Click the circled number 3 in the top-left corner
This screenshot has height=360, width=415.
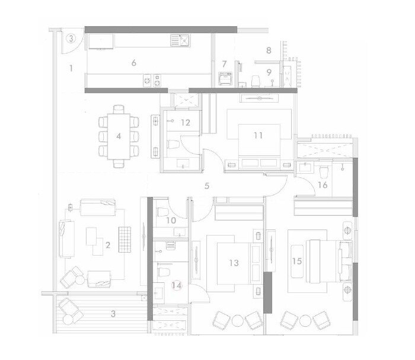click(x=71, y=39)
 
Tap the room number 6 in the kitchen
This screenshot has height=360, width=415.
click(x=134, y=62)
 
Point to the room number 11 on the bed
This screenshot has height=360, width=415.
click(x=258, y=135)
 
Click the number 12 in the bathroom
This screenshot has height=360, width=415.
click(x=186, y=123)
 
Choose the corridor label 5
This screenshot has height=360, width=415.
click(x=207, y=186)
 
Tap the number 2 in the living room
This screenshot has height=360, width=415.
click(x=108, y=244)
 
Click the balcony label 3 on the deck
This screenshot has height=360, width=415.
click(x=114, y=313)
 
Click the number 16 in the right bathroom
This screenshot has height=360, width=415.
click(x=323, y=185)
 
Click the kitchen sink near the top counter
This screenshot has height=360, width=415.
click(x=179, y=40)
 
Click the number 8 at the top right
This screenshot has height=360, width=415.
click(x=269, y=51)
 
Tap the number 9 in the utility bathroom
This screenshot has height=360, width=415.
click(x=269, y=72)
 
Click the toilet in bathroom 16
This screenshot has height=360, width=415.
click(x=323, y=172)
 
